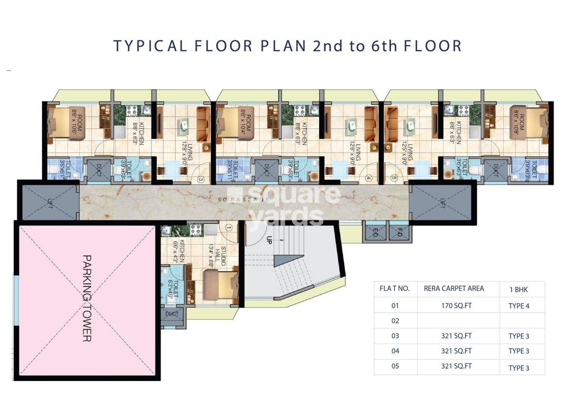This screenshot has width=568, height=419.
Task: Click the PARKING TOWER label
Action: click(x=87, y=298)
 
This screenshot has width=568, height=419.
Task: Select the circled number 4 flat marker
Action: click(x=368, y=178)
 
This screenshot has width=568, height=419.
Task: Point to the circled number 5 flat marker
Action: click(x=394, y=178)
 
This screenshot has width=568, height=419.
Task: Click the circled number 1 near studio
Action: click(x=228, y=228)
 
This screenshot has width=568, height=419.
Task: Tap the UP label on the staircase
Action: click(x=269, y=240)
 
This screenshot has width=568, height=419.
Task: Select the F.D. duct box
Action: click(x=399, y=233)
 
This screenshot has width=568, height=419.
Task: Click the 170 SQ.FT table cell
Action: click(x=456, y=306)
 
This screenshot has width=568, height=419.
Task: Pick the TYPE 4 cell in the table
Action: click(x=519, y=306)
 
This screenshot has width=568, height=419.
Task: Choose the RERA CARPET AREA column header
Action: click(x=454, y=289)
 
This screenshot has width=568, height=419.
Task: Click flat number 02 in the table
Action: click(x=395, y=321)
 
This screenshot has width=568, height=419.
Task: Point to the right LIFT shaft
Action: click(x=442, y=201)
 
